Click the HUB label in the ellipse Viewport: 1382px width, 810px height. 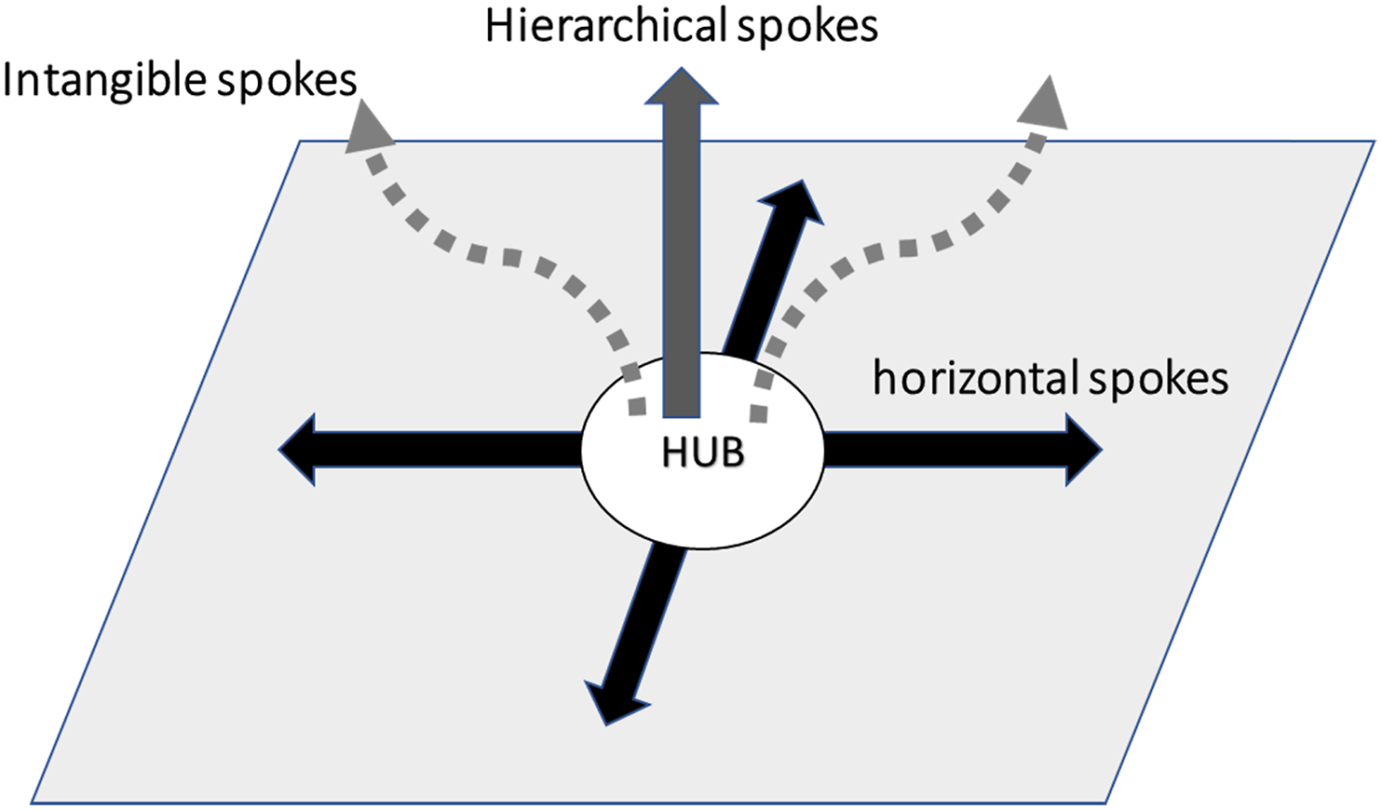(x=703, y=452)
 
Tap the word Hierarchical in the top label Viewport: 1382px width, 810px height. (x=606, y=26)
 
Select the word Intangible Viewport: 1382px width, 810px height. (x=105, y=82)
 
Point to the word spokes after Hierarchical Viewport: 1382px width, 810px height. (x=807, y=29)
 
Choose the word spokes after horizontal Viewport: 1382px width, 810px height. (x=1158, y=381)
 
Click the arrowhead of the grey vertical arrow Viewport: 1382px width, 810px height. (x=681, y=86)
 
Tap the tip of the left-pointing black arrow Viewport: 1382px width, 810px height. (x=279, y=450)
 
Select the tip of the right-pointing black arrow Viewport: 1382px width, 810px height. (x=1102, y=450)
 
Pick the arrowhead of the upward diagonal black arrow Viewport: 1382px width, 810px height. (x=802, y=181)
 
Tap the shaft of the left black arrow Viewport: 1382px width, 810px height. (x=448, y=450)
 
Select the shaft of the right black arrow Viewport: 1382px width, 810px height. (x=945, y=450)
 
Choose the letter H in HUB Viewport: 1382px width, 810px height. (x=673, y=452)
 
